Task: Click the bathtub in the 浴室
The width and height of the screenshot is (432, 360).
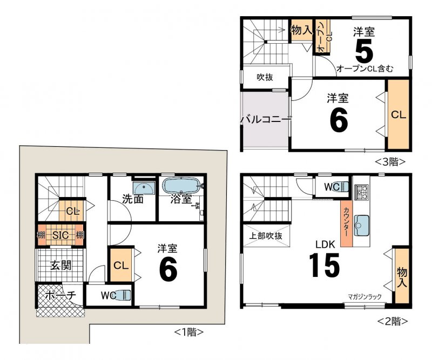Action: (181, 186)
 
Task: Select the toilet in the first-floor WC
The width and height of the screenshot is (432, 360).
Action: (123, 295)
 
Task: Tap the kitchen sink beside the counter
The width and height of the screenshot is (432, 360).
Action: (361, 226)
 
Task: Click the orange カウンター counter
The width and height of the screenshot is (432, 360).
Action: (346, 223)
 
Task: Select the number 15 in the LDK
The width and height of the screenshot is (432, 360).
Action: (325, 265)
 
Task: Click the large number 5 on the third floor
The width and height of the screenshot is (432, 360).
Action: (364, 50)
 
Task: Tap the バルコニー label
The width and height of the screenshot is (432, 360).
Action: (266, 120)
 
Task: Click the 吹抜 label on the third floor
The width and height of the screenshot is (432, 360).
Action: (265, 77)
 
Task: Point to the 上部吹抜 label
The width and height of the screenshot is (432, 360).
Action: (266, 236)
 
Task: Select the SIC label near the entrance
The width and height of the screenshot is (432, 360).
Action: (60, 235)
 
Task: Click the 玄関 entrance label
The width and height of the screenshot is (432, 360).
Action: (61, 265)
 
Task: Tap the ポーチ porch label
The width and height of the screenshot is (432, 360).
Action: (60, 295)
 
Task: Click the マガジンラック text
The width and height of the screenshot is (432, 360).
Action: (364, 297)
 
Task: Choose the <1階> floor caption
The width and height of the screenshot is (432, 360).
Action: (189, 332)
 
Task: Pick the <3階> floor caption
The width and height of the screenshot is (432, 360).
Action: (390, 162)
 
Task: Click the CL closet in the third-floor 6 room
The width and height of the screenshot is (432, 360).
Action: (399, 114)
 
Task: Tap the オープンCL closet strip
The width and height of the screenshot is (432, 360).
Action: (323, 37)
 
